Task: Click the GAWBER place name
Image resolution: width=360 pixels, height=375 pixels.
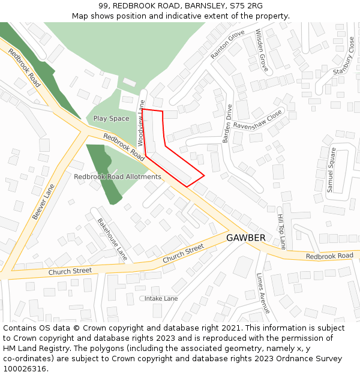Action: click(x=245, y=238)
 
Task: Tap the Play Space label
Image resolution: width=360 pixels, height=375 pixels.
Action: click(x=111, y=118)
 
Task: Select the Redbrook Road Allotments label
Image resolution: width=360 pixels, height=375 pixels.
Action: click(x=118, y=177)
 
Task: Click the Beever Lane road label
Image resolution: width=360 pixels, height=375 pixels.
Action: click(x=43, y=202)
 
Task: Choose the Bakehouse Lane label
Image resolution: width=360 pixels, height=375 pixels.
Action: click(x=112, y=239)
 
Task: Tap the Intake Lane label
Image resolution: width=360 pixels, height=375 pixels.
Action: click(x=161, y=298)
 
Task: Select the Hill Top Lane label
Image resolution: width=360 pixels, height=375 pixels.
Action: click(x=281, y=231)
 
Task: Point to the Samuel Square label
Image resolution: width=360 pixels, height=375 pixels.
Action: click(x=331, y=170)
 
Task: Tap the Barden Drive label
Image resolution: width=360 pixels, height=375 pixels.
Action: click(x=227, y=123)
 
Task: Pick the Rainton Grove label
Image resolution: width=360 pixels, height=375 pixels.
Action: click(x=227, y=44)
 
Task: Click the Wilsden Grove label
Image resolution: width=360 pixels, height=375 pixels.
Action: click(x=262, y=50)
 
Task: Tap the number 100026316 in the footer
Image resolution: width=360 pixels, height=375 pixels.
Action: click(x=25, y=369)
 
